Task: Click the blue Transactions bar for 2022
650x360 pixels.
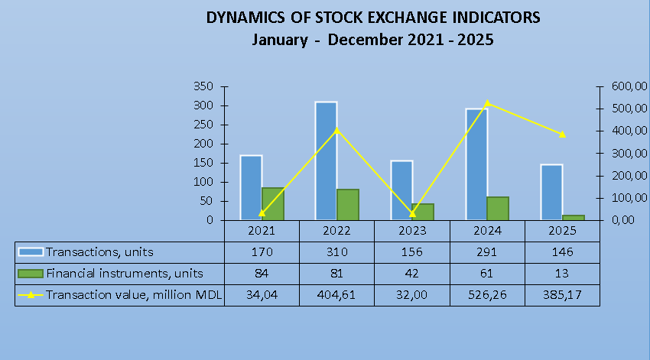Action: pyautogui.click(x=326, y=161)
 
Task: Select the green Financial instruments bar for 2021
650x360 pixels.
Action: pyautogui.click(x=273, y=204)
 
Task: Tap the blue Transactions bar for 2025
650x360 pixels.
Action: pyautogui.click(x=552, y=192)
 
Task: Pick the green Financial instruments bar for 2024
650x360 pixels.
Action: pyautogui.click(x=498, y=209)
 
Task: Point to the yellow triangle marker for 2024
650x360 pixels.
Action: pyautogui.click(x=488, y=103)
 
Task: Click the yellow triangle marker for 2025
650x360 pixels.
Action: pyautogui.click(x=563, y=135)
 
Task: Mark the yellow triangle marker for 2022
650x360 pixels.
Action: pyautogui.click(x=336, y=130)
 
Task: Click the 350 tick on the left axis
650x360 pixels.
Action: pyautogui.click(x=203, y=86)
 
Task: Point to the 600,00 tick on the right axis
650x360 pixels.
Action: pyautogui.click(x=629, y=86)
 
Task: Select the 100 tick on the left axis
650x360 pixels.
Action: pyautogui.click(x=203, y=182)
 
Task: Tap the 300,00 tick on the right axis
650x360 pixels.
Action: pyautogui.click(x=629, y=154)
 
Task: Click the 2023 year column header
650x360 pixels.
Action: pyautogui.click(x=412, y=231)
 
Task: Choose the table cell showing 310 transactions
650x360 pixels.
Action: pyautogui.click(x=336, y=252)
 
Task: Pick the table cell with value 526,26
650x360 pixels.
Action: pyautogui.click(x=487, y=295)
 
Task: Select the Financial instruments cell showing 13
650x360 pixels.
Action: pyautogui.click(x=562, y=274)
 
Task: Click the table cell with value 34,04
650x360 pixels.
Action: pyautogui.click(x=262, y=295)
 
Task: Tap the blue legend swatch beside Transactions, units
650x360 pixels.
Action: pyautogui.click(x=31, y=252)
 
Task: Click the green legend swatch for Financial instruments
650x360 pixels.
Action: pyautogui.click(x=31, y=274)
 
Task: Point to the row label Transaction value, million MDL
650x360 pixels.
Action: pyautogui.click(x=134, y=295)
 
